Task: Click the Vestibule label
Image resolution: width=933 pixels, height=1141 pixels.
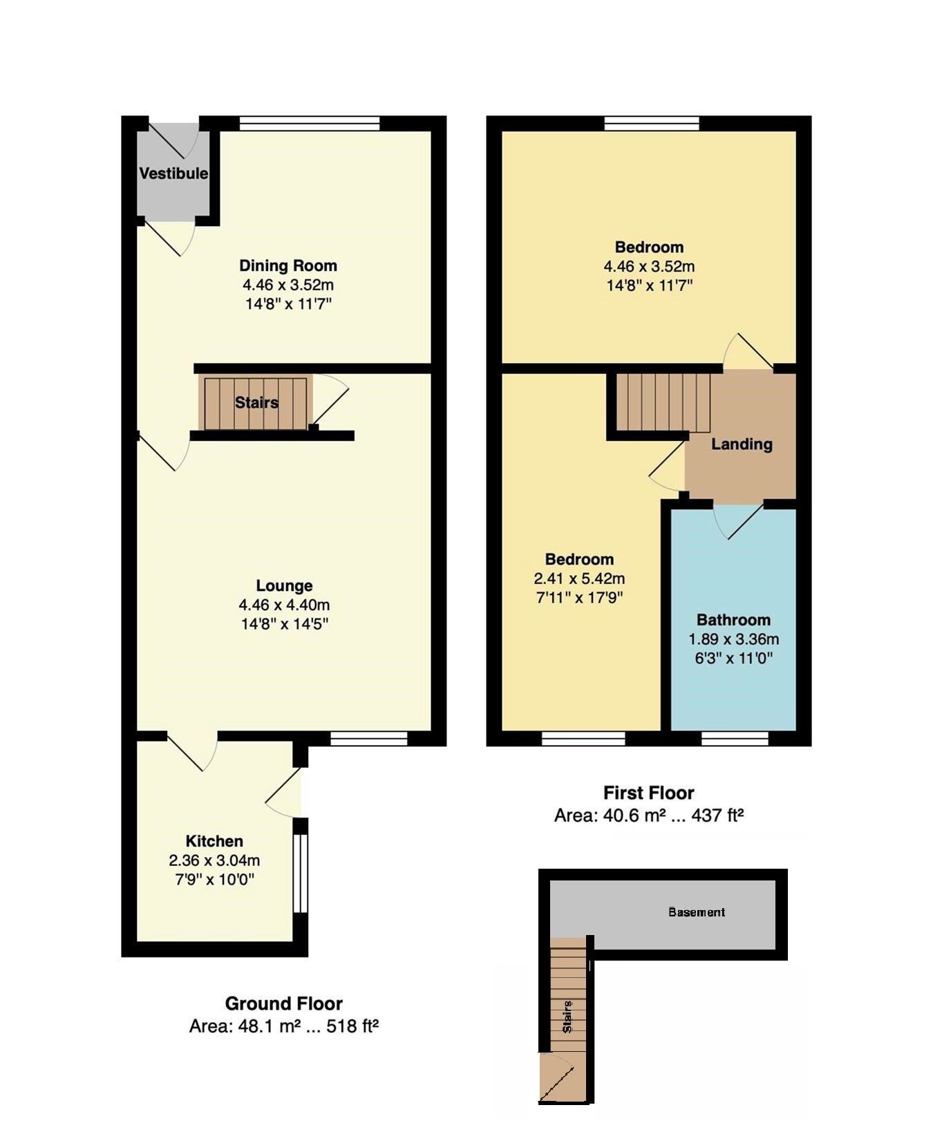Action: [173, 173]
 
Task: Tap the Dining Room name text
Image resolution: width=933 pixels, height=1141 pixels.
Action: [288, 265]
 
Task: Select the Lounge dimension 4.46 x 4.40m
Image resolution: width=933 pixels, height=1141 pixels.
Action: [284, 605]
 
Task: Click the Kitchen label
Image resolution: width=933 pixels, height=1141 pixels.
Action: [214, 841]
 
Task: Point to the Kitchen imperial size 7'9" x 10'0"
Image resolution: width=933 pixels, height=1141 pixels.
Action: [214, 880]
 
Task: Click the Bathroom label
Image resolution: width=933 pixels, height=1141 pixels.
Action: [733, 620]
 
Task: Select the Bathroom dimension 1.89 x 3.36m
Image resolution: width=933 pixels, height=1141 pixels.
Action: [733, 639]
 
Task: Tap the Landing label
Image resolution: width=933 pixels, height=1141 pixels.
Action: [742, 444]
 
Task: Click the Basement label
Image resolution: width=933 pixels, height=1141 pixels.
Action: [697, 912]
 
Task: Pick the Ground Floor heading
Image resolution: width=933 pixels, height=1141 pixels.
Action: [284, 1003]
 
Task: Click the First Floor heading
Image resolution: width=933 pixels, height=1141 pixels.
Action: [648, 793]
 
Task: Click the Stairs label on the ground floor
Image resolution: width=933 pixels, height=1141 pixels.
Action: [256, 402]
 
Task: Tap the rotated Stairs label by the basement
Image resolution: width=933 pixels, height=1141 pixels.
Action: [567, 1017]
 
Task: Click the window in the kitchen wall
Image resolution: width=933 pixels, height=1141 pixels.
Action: [300, 874]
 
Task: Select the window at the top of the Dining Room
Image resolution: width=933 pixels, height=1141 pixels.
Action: [310, 123]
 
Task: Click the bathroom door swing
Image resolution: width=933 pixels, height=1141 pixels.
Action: [739, 522]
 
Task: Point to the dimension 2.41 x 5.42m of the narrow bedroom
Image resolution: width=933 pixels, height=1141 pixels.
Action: [579, 578]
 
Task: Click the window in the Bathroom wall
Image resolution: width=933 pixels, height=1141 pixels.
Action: [735, 739]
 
